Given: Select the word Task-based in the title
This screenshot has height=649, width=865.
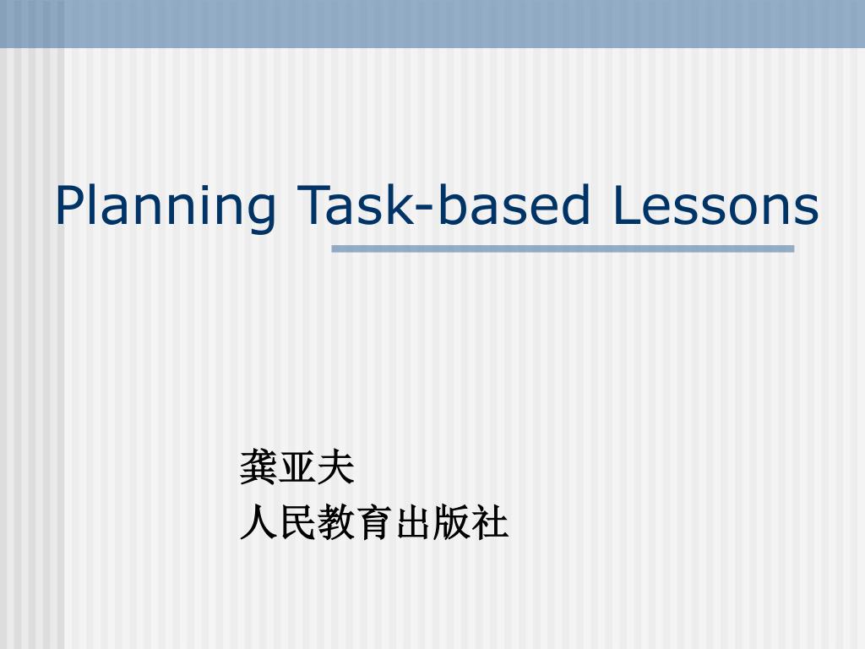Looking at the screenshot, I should coord(443,205).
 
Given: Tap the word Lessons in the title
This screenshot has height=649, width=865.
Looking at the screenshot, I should coord(713,205).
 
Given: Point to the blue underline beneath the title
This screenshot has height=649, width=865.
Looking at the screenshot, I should coord(563,248).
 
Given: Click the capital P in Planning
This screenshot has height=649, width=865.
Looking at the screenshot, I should coord(69,205).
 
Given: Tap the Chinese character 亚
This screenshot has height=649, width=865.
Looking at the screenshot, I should coord(297,468).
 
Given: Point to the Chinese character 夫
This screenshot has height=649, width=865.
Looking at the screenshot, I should coord(335,468).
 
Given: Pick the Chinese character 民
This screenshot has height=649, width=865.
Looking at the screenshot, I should coord(297,523).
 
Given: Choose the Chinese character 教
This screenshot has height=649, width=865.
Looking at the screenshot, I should coord(335,523).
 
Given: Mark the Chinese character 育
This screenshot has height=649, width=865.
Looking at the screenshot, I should coord(374,523).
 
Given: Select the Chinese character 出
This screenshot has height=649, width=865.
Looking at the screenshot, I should coord(412,523).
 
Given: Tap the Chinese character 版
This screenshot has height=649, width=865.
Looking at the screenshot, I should coord(451,523).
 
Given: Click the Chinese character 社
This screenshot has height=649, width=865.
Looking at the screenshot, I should coord(489,523).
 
